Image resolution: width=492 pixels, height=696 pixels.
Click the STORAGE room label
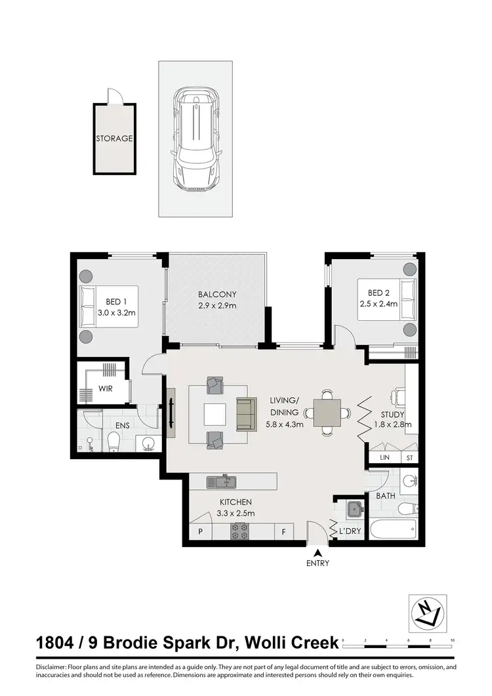tap(115, 139)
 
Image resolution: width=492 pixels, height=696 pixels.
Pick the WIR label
tap(106, 388)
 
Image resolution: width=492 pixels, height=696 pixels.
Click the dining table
tap(327, 413)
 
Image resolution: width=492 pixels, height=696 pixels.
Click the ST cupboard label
tap(409, 457)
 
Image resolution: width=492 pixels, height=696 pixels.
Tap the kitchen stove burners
tap(239, 530)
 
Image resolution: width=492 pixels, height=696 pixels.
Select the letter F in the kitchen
tap(283, 532)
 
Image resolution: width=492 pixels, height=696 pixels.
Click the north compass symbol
tap(427, 613)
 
